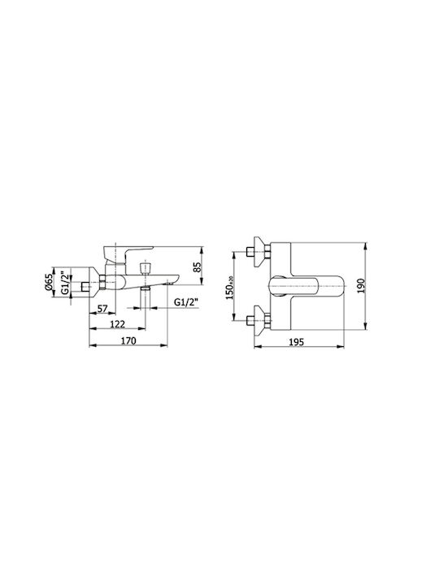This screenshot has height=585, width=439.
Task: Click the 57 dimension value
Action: (x=102, y=309)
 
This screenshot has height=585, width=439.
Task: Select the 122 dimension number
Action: (x=118, y=324)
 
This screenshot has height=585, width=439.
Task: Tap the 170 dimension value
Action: (x=128, y=340)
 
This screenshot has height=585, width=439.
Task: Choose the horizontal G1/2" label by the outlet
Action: (x=186, y=302)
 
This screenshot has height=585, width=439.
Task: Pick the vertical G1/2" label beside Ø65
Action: (x=65, y=284)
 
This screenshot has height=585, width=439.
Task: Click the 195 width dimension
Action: (x=297, y=342)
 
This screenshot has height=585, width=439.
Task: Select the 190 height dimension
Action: (x=361, y=286)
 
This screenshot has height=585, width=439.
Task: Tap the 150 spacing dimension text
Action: (x=229, y=288)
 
